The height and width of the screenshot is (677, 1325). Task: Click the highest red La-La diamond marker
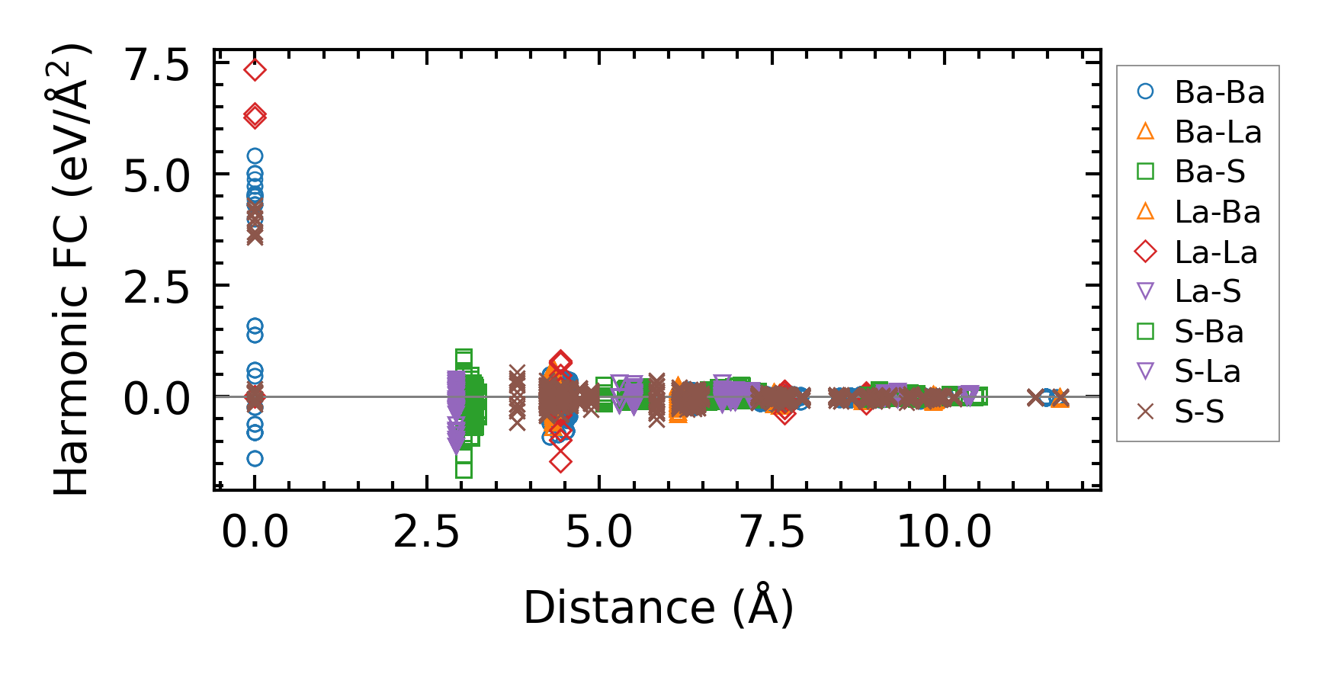(255, 70)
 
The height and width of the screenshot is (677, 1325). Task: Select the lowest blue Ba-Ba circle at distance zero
(255, 458)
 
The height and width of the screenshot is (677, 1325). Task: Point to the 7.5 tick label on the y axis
(156, 66)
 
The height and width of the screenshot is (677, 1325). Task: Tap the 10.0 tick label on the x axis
(944, 531)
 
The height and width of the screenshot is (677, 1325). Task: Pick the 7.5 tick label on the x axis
(772, 531)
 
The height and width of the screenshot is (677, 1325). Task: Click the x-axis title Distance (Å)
(659, 608)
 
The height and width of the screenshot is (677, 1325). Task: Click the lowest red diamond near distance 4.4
(560, 461)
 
